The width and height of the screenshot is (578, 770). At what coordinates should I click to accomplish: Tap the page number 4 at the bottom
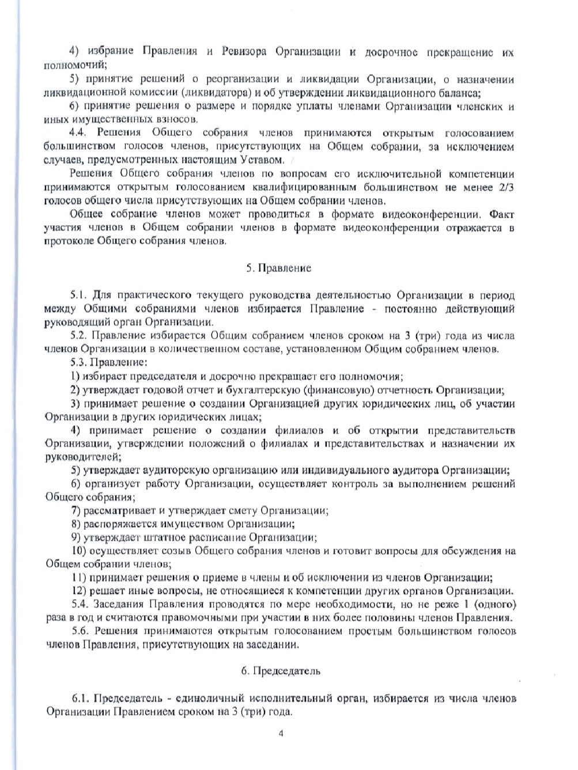point(281,734)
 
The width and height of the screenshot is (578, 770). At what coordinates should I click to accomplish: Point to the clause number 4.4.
point(78,133)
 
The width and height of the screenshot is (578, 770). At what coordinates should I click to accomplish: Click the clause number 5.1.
point(78,295)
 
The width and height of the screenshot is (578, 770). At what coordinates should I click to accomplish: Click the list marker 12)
point(78,591)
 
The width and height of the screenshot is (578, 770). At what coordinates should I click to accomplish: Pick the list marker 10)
point(79,551)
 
